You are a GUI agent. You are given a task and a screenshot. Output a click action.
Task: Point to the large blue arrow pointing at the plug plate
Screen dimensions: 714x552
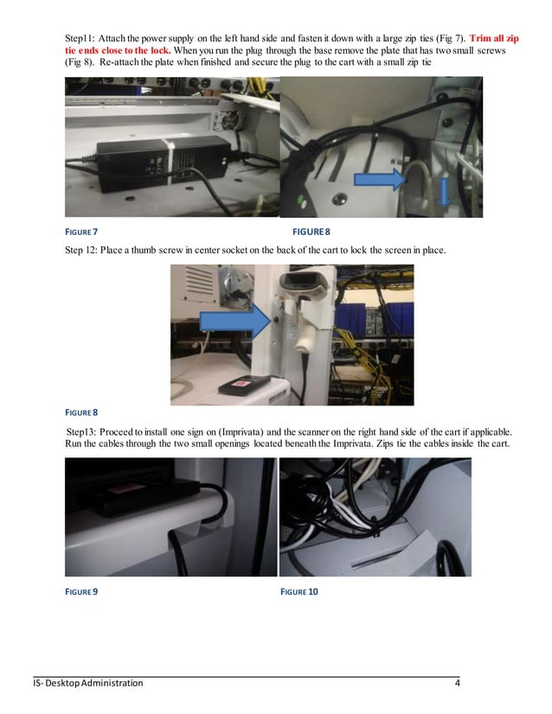point(382,180)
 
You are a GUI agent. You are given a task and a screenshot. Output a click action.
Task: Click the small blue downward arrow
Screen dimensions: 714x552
point(446,192)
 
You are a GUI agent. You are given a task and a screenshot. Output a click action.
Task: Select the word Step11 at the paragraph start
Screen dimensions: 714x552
point(80,38)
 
